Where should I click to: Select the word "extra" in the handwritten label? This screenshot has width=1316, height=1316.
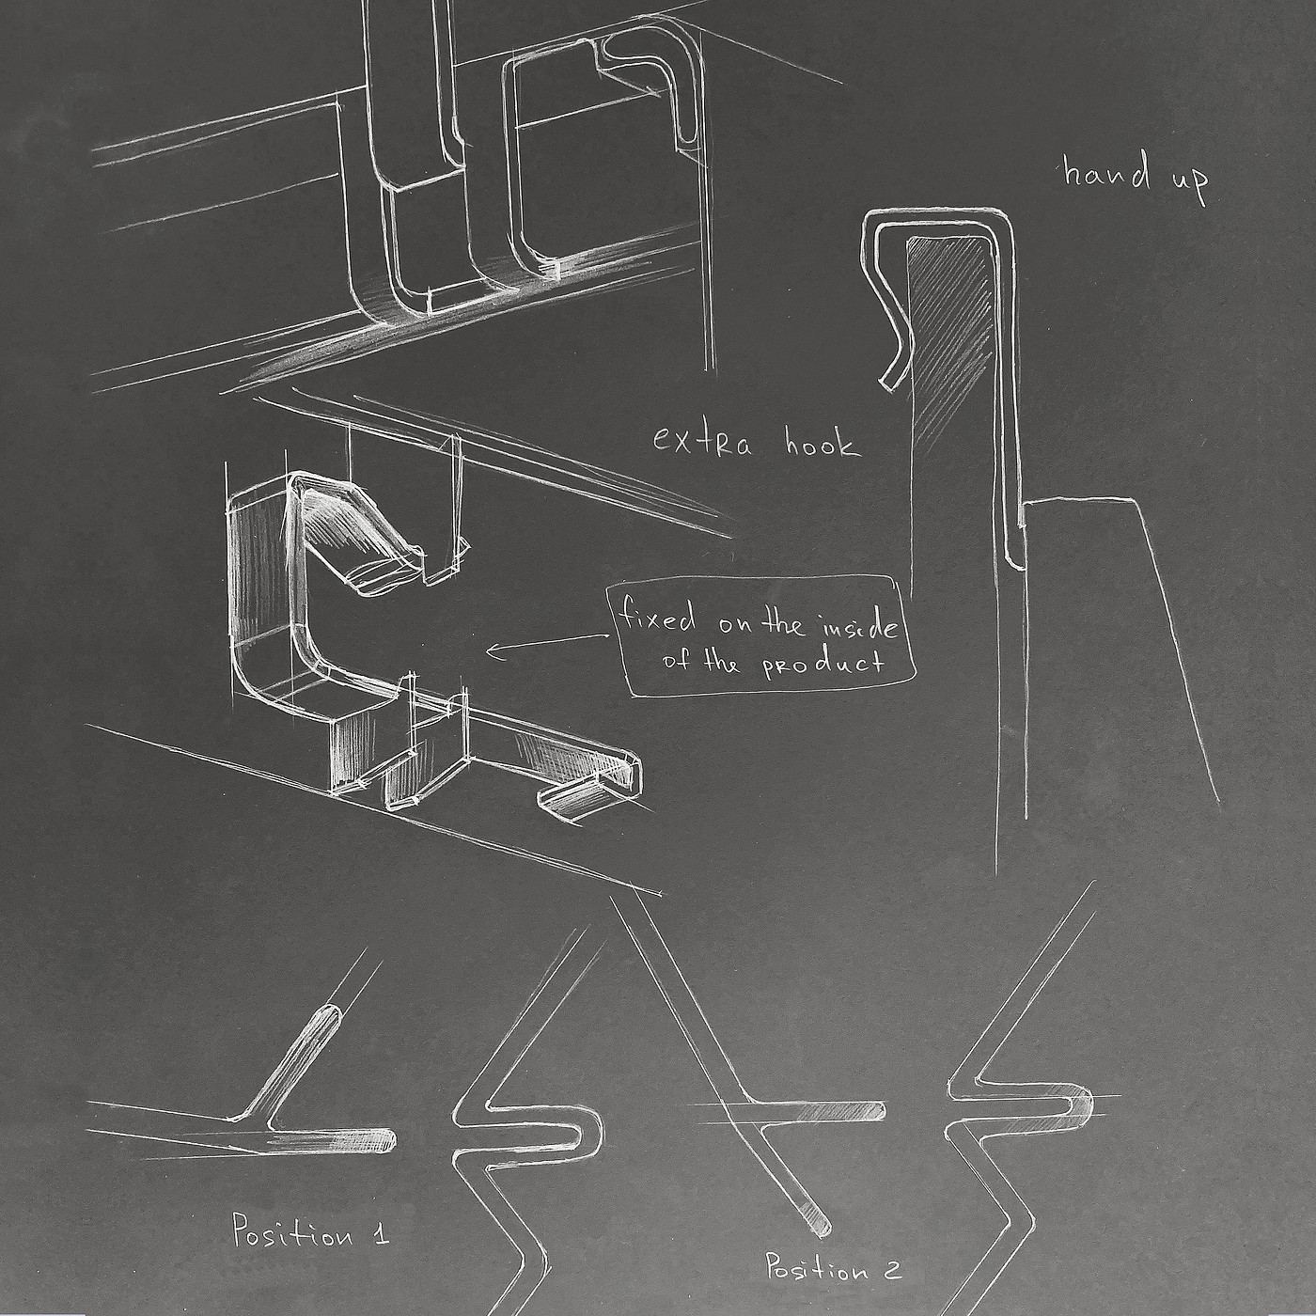pyautogui.click(x=702, y=441)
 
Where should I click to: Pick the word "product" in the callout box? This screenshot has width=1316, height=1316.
pyautogui.click(x=822, y=665)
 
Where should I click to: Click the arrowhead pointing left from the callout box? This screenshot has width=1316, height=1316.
pyautogui.click(x=492, y=650)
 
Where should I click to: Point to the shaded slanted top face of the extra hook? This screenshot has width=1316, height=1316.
pyautogui.click(x=352, y=526)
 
